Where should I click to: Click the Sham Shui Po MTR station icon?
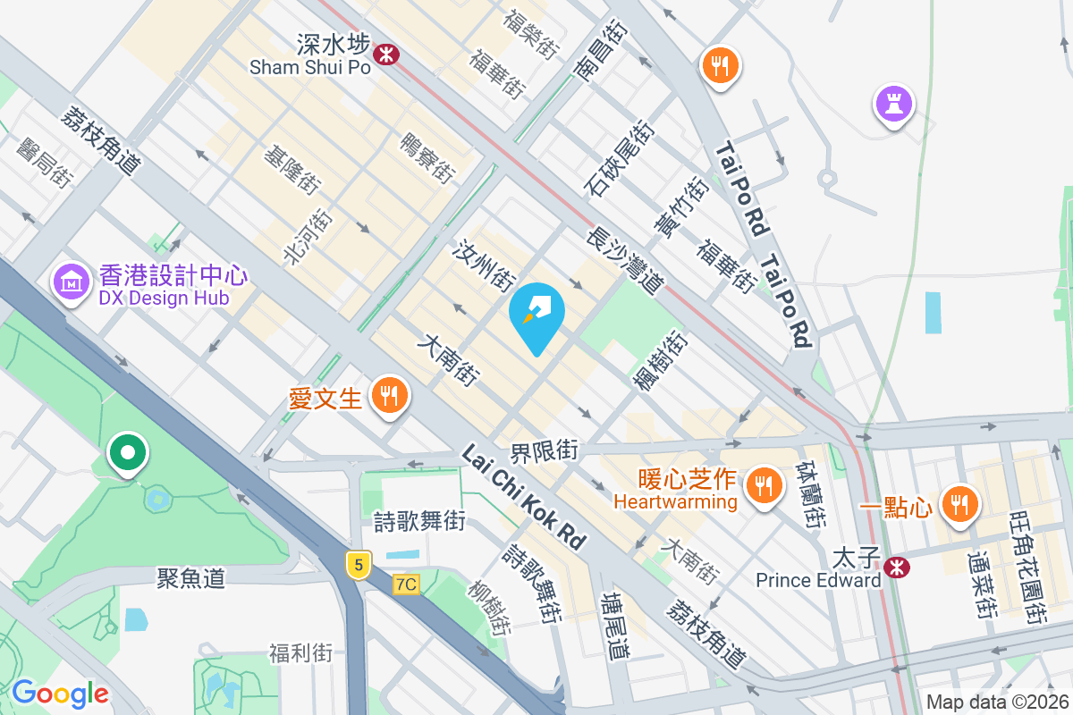[386, 54]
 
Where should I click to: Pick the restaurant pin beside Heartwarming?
[762, 485]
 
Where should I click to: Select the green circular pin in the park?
[128, 452]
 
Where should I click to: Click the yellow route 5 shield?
[359, 564]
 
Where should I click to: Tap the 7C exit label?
[406, 585]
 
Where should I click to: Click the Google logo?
[60, 693]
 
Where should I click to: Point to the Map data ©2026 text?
[996, 702]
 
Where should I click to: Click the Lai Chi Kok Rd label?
[524, 498]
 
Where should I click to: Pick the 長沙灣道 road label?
[624, 260]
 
